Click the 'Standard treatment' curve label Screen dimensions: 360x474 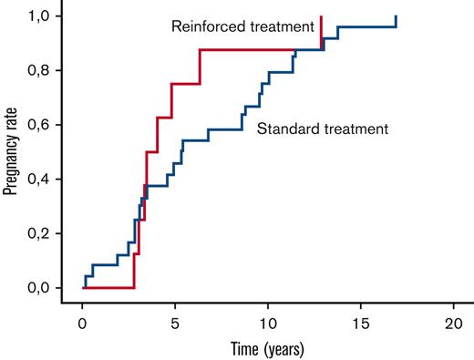tap(324, 129)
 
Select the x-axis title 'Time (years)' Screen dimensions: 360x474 tap(267, 348)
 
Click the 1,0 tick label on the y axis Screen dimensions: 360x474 tap(50, 16)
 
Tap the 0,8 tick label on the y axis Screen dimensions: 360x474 tap(50, 71)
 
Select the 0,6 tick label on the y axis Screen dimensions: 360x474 tap(50, 125)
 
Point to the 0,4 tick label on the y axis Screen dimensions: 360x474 tap(50, 180)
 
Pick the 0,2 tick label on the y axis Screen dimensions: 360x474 tap(50, 233)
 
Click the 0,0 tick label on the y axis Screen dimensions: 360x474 tap(50, 288)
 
